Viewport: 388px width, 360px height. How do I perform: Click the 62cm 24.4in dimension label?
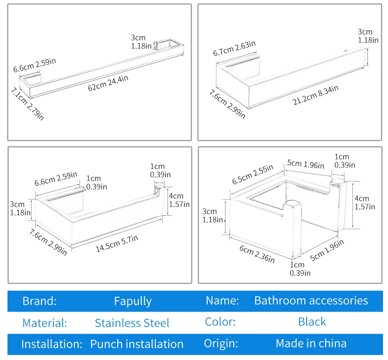click(108, 83)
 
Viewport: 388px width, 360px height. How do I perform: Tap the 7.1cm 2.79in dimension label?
click(27, 104)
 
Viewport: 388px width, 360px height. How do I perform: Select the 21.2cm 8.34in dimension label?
click(315, 95)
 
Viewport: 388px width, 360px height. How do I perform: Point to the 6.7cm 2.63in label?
click(234, 48)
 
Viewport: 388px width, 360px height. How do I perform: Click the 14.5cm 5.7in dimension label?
click(117, 243)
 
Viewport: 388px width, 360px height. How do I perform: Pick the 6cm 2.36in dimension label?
click(257, 254)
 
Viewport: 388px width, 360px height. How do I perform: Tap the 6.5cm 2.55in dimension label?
click(252, 174)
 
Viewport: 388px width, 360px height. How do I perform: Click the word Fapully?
click(133, 301)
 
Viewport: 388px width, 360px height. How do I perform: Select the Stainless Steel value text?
click(132, 323)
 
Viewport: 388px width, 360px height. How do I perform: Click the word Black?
click(312, 322)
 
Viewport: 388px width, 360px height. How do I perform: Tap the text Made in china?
click(311, 343)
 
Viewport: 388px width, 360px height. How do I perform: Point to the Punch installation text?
click(136, 344)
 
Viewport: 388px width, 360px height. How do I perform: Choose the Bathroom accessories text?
click(311, 301)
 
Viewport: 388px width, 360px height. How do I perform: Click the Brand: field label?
click(40, 301)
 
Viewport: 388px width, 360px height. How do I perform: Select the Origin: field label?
click(221, 344)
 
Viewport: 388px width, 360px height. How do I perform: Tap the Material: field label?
click(45, 323)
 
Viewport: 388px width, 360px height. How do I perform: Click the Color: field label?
click(220, 322)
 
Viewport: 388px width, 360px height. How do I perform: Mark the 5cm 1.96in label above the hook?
click(305, 164)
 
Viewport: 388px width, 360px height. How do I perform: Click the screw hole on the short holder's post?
click(156, 190)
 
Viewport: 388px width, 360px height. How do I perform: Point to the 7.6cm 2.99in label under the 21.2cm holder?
click(227, 104)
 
